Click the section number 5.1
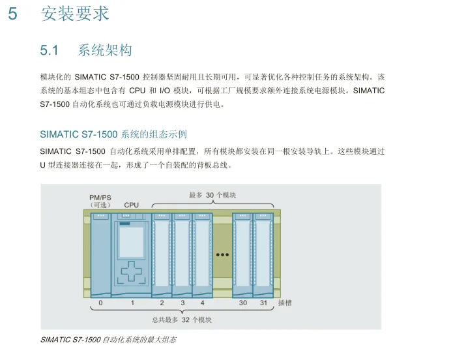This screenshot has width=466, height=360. coord(50,50)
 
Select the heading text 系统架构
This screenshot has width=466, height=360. coord(105,50)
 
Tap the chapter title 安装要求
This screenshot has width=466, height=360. coord(75,14)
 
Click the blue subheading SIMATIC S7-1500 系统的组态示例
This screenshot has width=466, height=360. coord(113,134)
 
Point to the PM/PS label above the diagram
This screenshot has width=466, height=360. coord(100,197)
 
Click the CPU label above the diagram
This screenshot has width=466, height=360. coord(132,205)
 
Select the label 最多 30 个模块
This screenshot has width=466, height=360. coord(212,195)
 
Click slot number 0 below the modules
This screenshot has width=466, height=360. coord(100,303)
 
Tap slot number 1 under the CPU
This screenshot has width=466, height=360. coord(132,303)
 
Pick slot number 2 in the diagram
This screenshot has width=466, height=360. coord(162,303)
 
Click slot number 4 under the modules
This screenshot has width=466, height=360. coord(203,303)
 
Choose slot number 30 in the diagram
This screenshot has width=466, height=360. coord(242,303)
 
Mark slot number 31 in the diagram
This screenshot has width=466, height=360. coord(263,303)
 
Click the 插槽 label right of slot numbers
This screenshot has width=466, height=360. coord(285,303)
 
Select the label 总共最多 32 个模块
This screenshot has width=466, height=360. coord(182,320)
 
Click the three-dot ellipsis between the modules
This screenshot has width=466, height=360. coord(222,255)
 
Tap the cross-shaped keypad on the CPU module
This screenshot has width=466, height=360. coord(132,272)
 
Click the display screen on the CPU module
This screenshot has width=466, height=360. coord(132,243)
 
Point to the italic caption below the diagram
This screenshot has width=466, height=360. coord(108,340)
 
